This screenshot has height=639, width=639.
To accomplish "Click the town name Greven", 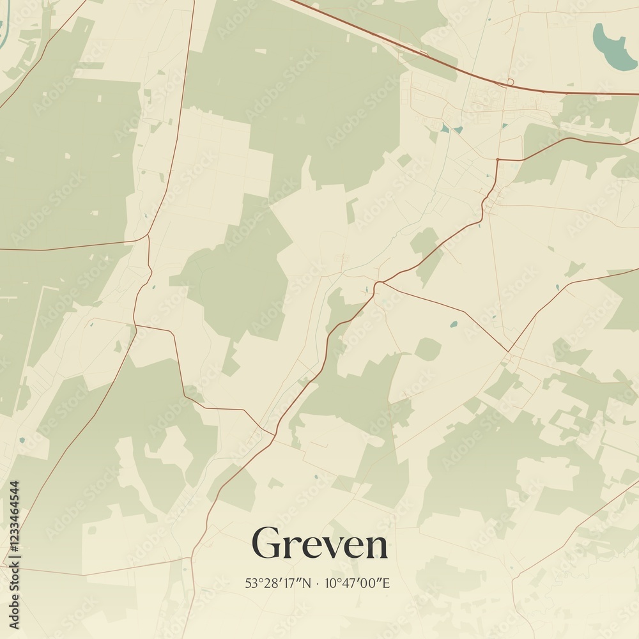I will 319,544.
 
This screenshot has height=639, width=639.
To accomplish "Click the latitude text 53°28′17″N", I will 278,583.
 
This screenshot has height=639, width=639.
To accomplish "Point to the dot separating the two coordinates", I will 318,583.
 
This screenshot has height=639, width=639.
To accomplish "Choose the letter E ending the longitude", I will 386,583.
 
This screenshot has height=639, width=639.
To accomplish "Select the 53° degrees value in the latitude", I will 251,583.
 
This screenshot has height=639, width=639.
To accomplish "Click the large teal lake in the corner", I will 613,46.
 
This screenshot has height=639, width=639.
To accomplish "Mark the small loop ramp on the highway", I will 510,81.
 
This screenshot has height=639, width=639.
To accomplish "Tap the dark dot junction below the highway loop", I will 497,159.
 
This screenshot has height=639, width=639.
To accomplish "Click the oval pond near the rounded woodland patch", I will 453,325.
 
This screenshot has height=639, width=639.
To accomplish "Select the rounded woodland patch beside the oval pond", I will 427,349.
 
